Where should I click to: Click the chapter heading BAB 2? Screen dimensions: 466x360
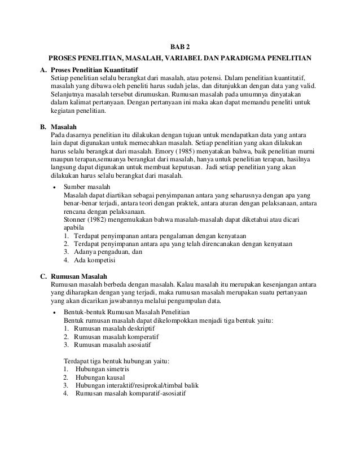click(x=181, y=46)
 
